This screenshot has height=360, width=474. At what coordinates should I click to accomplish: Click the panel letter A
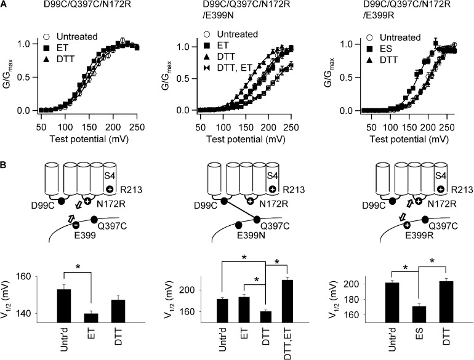click(5, 6)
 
